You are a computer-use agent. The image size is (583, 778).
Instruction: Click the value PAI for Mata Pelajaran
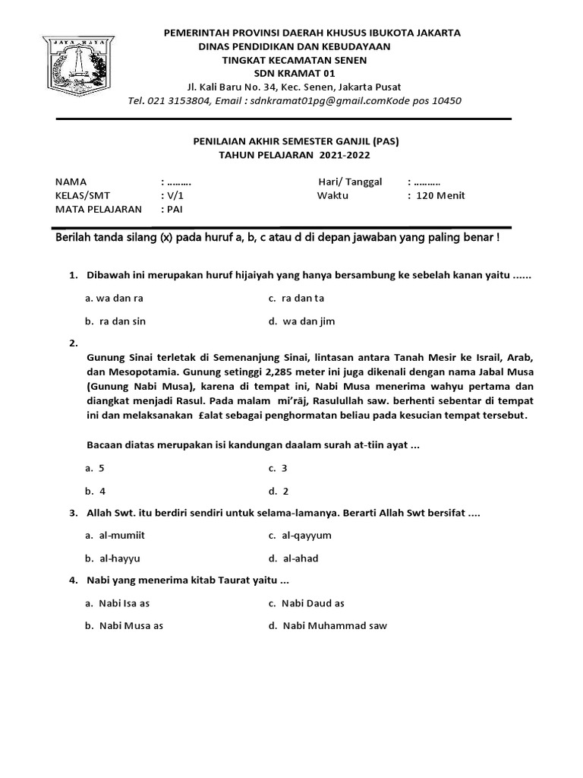(x=175, y=209)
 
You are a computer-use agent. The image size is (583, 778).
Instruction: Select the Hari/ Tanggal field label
(x=350, y=182)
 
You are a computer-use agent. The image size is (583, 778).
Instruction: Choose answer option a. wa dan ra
(x=114, y=299)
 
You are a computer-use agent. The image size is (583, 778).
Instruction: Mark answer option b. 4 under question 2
(x=96, y=491)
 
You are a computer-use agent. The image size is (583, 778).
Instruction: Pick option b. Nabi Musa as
(x=124, y=626)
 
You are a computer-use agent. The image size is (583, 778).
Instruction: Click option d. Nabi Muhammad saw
(x=328, y=626)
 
